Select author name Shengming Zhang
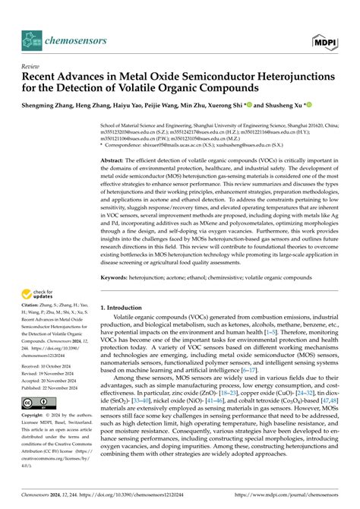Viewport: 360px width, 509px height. click(x=49, y=107)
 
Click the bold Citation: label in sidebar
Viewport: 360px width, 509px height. click(x=33, y=310)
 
